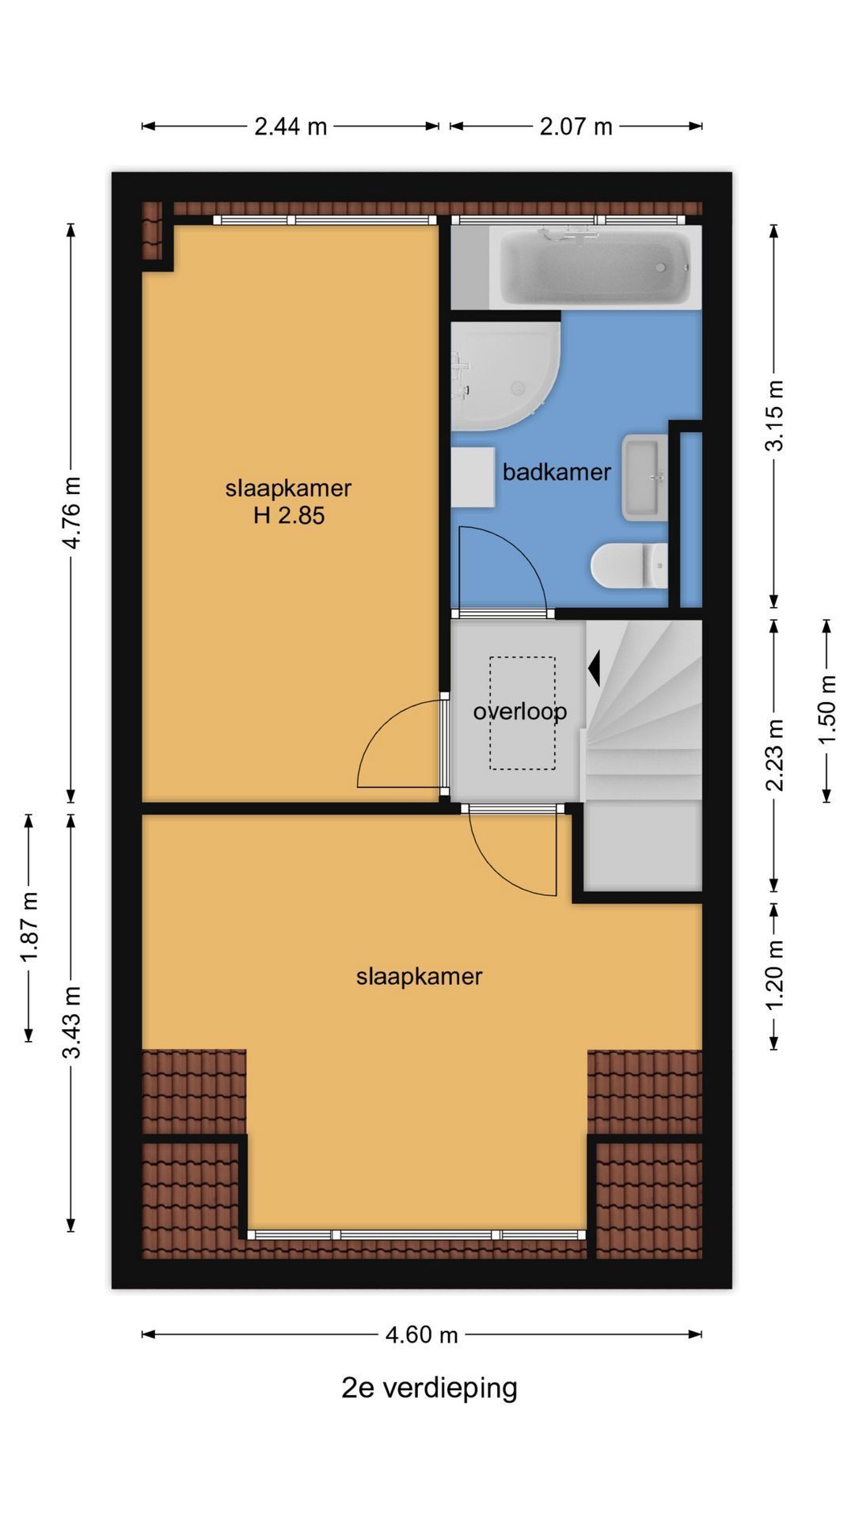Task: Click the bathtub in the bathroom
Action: click(595, 268)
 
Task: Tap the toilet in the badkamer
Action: click(630, 566)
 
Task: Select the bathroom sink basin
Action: click(644, 477)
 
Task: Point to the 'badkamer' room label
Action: click(557, 473)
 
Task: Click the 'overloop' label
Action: click(520, 712)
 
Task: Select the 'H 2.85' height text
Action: click(289, 516)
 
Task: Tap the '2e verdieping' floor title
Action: click(429, 1388)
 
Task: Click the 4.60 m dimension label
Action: click(421, 1336)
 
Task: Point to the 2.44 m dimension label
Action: click(291, 127)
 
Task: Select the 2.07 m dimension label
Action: click(576, 127)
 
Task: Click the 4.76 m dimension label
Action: click(72, 513)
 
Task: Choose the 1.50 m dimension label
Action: click(826, 709)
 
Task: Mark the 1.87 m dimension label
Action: click(29, 928)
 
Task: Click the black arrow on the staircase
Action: click(594, 667)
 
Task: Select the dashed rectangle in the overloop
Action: click(522, 713)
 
